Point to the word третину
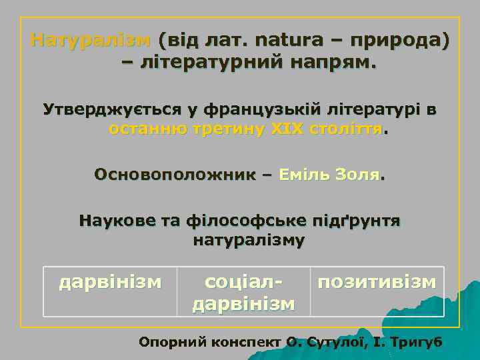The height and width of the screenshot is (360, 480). point(225,129)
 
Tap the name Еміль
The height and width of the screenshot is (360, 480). point(308,175)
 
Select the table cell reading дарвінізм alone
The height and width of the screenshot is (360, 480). point(110,283)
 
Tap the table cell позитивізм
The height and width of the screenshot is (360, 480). point(377,281)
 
